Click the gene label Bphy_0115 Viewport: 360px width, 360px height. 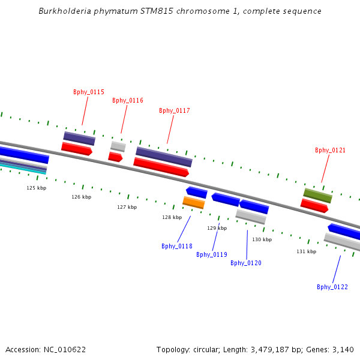89,92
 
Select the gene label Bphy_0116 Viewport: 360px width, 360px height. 128,100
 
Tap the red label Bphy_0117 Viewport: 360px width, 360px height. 175,110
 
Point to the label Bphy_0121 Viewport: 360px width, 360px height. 331,150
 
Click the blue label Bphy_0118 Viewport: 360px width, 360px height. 177,246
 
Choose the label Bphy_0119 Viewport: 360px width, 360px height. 212,254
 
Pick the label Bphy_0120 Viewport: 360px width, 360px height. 246,263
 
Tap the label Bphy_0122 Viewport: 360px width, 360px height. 332,287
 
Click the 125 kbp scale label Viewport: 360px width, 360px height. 36,188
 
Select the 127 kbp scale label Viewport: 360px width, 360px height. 127,207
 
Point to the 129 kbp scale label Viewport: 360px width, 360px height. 217,228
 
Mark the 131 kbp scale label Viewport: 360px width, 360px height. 306,251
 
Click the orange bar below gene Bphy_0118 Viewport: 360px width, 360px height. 194,203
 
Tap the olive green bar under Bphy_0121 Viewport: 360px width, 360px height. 317,195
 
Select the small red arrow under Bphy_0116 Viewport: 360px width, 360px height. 115,157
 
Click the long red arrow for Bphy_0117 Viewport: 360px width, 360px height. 161,167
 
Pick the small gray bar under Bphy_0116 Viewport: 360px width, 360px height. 118,146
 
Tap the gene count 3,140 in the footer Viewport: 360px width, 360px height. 343,349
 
